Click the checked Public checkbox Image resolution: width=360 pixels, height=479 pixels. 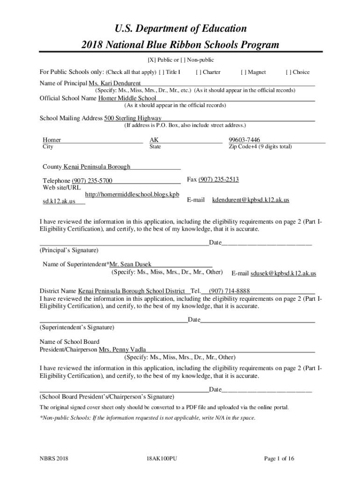[151, 60]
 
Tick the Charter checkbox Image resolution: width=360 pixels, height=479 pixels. [198, 72]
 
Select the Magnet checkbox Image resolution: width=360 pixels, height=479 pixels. [243, 72]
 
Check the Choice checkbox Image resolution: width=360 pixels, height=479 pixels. [288, 72]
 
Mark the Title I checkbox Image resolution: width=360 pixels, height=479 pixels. [161, 72]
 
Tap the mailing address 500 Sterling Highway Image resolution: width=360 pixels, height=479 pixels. [133, 118]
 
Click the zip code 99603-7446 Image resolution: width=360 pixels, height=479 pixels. [245, 140]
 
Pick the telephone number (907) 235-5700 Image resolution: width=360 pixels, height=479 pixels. [92, 181]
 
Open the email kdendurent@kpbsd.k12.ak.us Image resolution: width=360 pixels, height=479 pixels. [251, 200]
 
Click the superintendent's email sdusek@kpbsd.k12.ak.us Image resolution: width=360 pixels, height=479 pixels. [283, 273]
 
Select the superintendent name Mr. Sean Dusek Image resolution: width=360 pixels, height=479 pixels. [130, 264]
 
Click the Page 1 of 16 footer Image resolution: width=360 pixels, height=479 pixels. [279, 459]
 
